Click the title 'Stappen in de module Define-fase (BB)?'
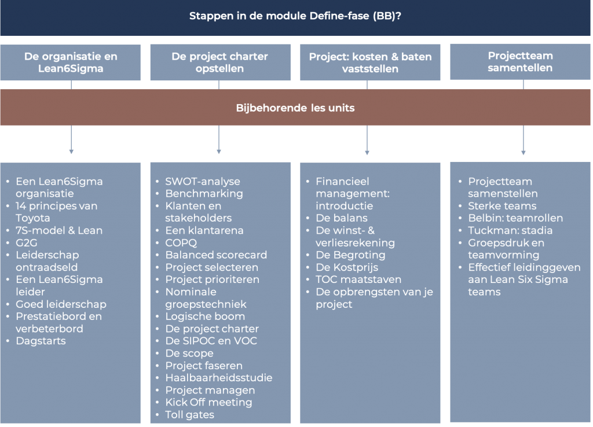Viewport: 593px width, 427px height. (x=295, y=16)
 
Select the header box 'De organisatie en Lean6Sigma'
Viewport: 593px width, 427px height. (x=70, y=62)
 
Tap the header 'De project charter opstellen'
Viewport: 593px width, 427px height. (x=221, y=62)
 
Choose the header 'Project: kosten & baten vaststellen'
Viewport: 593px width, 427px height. (x=370, y=62)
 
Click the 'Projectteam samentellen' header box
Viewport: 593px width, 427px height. (x=520, y=61)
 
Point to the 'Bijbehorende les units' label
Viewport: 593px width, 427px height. (x=295, y=108)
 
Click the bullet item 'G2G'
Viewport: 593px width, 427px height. (x=27, y=242)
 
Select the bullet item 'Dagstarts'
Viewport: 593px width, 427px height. (x=41, y=341)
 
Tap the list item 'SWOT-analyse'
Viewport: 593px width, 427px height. (x=202, y=181)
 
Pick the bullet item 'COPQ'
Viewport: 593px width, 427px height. (x=181, y=242)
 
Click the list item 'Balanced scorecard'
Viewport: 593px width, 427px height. (x=216, y=255)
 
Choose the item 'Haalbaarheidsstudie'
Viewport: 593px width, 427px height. (x=218, y=378)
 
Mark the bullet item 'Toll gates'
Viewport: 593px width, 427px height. (x=189, y=414)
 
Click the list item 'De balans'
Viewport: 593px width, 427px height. (x=342, y=218)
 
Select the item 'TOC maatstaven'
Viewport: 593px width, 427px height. (x=358, y=279)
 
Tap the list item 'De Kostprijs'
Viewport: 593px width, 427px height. (x=347, y=267)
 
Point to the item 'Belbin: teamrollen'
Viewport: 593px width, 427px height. (x=515, y=218)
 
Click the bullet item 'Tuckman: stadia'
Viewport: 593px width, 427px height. (x=510, y=230)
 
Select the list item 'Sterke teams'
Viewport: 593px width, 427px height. (x=502, y=206)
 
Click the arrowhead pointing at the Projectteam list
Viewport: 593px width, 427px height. (x=524, y=153)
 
